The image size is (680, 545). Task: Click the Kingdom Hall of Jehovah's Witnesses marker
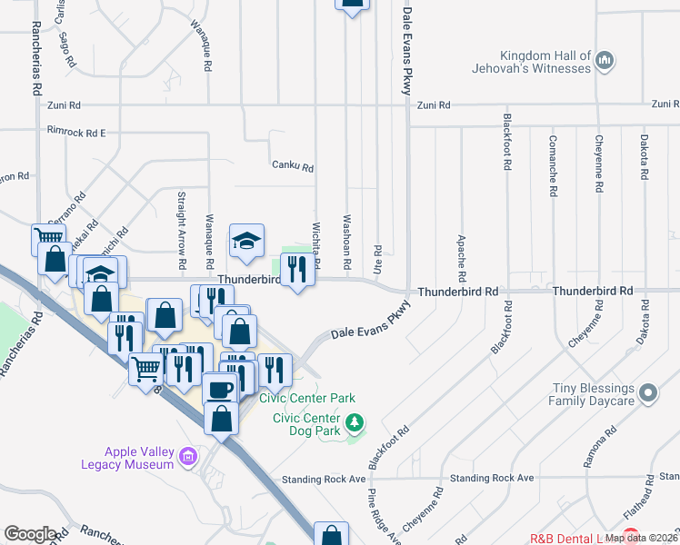point(605,62)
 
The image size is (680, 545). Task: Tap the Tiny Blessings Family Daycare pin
point(647,393)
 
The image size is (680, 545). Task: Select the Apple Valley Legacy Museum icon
point(188,455)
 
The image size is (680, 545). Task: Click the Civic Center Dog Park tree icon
point(355,422)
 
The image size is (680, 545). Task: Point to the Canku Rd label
point(293,167)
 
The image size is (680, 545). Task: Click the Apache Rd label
point(462,255)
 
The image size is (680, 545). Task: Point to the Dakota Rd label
point(644,159)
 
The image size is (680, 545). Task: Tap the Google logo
point(30,534)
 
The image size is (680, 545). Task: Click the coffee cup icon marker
point(219,389)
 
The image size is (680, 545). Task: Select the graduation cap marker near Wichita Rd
point(245,241)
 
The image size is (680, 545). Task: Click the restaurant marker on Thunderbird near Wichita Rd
point(297,270)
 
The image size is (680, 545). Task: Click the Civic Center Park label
point(307,398)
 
